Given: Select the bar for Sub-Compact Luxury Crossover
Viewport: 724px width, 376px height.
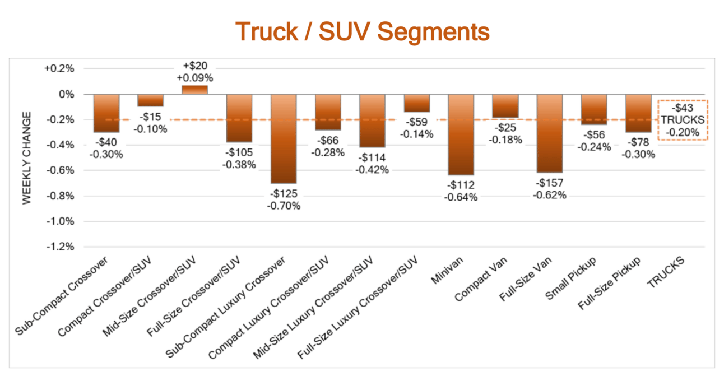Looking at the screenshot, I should point(284,138).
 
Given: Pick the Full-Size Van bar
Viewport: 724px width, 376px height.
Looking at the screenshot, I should point(550,133).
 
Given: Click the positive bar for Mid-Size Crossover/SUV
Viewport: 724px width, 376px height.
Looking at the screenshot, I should point(194,90).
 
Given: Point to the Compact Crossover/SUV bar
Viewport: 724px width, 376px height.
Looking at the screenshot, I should point(150,100).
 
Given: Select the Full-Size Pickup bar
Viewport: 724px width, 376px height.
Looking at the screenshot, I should point(638,113).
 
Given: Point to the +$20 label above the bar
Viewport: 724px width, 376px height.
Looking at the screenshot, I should point(194,66).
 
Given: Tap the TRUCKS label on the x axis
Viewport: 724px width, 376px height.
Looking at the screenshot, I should point(667,273).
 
